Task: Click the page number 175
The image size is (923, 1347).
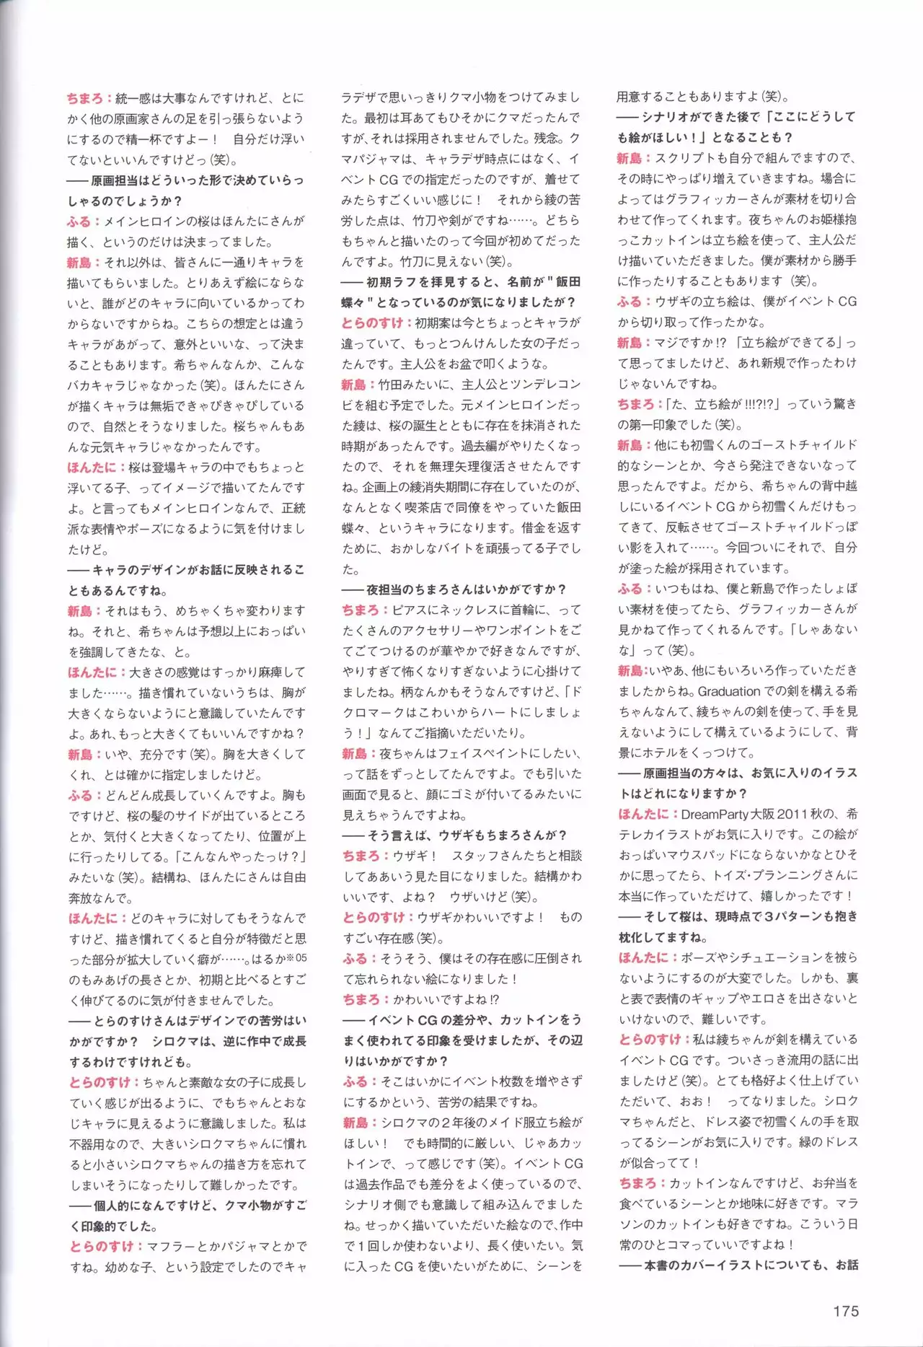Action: tap(846, 1311)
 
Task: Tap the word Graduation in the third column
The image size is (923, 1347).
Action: tap(729, 691)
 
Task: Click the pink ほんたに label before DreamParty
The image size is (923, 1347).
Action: tap(643, 814)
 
